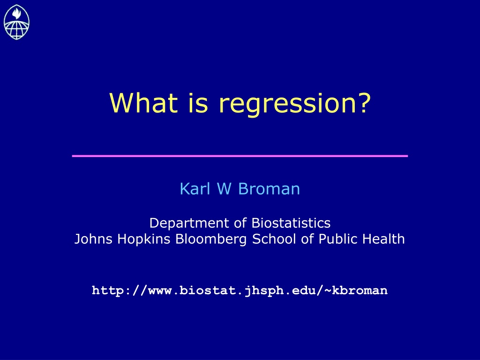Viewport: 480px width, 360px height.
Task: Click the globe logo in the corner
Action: coord(16,22)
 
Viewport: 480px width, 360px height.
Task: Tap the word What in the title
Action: coord(143,103)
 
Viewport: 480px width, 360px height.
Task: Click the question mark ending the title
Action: coord(364,103)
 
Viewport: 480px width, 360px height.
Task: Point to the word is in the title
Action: coord(198,103)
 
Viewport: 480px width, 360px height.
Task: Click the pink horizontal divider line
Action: coord(240,156)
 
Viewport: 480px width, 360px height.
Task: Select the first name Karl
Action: coord(195,188)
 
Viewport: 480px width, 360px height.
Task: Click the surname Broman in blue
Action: coord(269,188)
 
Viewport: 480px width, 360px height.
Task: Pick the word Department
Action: coord(189,224)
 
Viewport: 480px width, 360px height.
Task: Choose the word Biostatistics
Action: coord(291,223)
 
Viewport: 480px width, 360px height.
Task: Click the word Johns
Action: coord(93,239)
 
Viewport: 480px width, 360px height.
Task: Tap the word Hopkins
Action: coord(143,240)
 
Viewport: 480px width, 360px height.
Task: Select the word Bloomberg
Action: coord(211,240)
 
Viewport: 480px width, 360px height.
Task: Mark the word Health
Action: coord(383,239)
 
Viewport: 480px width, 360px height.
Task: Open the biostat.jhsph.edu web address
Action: coord(240,290)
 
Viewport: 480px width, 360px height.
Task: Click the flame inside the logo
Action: coord(16,13)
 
